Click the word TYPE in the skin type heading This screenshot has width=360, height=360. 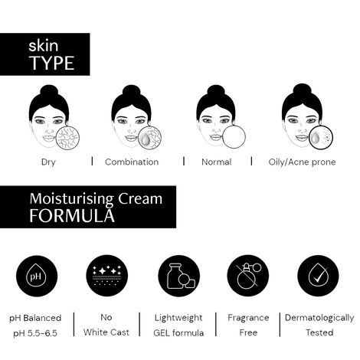pos(51,63)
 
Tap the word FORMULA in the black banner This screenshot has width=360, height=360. pos(72,216)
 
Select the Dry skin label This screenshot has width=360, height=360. pos(48,162)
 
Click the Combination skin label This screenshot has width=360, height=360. pos(132,162)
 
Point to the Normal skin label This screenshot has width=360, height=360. pos(217,162)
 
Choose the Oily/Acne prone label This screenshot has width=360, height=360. pos(302,162)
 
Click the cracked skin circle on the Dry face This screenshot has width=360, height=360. pos(67,138)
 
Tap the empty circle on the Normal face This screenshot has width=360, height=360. pos(234,137)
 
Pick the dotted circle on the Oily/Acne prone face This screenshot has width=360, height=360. pos(321,138)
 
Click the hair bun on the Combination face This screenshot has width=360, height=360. pos(132,91)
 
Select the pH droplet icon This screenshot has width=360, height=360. pos(37,276)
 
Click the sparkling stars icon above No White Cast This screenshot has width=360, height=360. pos(107,276)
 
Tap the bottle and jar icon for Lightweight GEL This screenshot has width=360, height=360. pos(179,276)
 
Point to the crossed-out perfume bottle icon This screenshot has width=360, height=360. pos(248,276)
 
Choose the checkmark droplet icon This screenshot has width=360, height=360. pos(318,276)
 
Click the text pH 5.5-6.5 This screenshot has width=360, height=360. pos(35,333)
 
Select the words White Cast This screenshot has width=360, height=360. pos(106,332)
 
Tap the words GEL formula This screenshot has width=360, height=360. pos(178,333)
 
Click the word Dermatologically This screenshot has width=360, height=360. pos(319,318)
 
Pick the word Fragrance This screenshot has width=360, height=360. pos(248,318)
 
